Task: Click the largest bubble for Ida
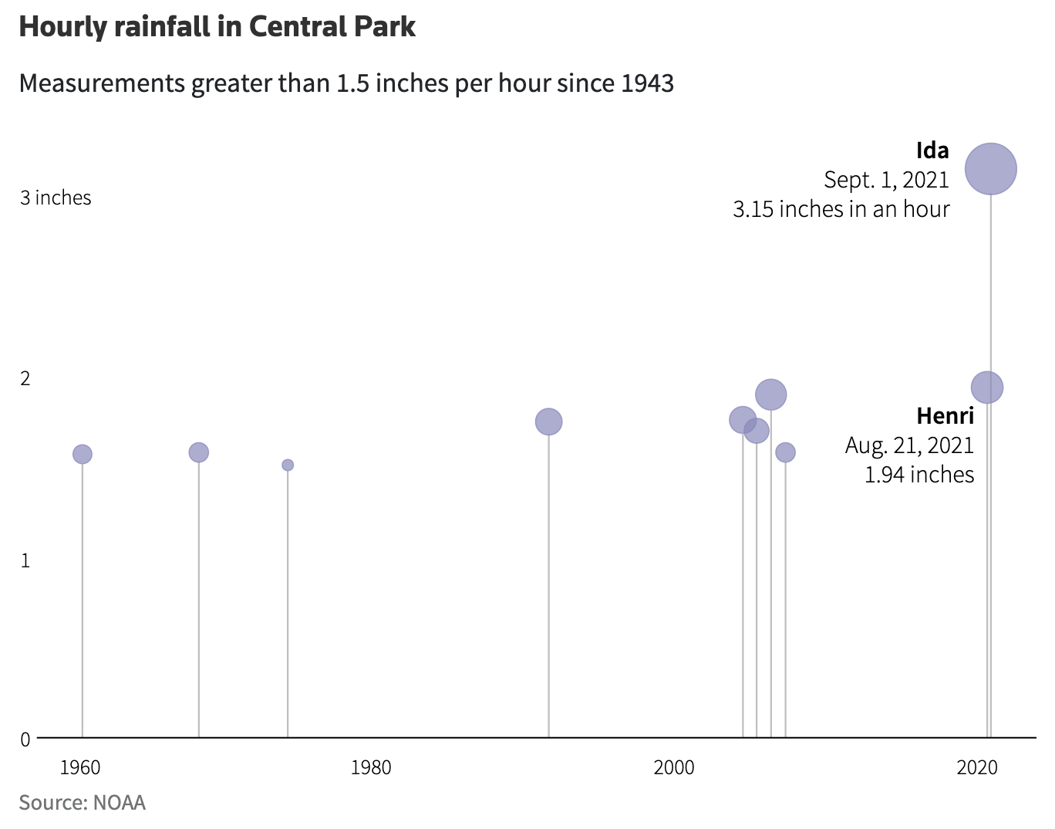tap(991, 169)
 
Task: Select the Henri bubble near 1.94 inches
tap(987, 387)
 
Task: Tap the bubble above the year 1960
tap(83, 454)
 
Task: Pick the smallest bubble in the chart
tap(288, 465)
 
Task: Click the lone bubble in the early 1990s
tap(548, 421)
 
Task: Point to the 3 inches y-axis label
tap(56, 198)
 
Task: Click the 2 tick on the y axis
tap(25, 378)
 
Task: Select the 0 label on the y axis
tap(25, 739)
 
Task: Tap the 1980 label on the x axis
tap(371, 767)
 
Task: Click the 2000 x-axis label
tap(674, 767)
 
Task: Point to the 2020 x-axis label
tap(977, 767)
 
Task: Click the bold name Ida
tap(932, 151)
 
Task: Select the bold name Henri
tap(945, 416)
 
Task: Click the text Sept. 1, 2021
tap(886, 180)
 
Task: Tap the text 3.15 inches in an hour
tap(841, 209)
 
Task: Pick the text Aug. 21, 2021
tap(909, 445)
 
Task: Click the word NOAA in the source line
tap(119, 803)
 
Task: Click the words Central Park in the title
tap(332, 27)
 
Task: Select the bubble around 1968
tap(199, 452)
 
